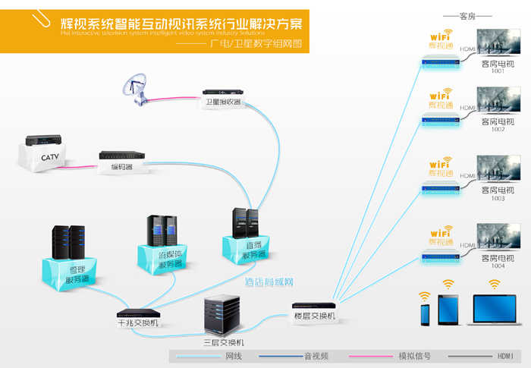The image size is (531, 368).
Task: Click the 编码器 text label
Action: [121, 167]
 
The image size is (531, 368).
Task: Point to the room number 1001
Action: [498, 71]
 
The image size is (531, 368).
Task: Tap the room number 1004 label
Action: [498, 266]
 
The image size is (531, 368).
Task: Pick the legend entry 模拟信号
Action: [416, 355]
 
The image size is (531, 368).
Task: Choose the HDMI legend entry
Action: [505, 355]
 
